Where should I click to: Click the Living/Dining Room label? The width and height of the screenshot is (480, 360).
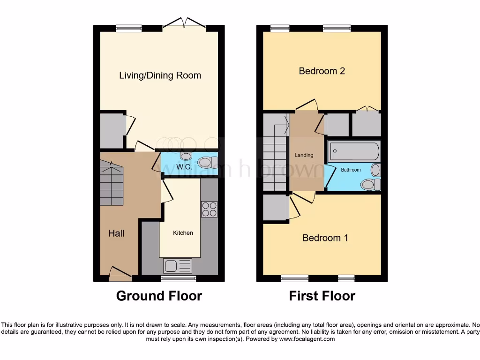pyautogui.click(x=160, y=75)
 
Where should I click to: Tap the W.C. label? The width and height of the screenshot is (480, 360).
pyautogui.click(x=181, y=166)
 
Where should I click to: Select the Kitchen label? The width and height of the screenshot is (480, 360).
pyautogui.click(x=183, y=232)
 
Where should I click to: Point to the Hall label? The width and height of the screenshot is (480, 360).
pyautogui.click(x=116, y=233)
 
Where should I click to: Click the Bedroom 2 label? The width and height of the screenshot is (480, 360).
pyautogui.click(x=322, y=71)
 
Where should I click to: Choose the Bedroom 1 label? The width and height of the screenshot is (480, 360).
pyautogui.click(x=325, y=238)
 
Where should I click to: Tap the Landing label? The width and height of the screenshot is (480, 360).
pyautogui.click(x=304, y=155)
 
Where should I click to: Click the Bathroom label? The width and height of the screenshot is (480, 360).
pyautogui.click(x=351, y=170)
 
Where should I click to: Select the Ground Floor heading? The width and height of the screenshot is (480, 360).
pyautogui.click(x=159, y=296)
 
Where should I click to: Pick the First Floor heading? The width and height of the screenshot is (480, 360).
pyautogui.click(x=322, y=296)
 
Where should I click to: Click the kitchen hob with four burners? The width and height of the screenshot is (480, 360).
pyautogui.click(x=209, y=209)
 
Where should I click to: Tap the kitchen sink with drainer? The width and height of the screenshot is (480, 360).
pyautogui.click(x=178, y=266)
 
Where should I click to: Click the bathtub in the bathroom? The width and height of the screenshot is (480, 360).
pyautogui.click(x=354, y=151)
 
